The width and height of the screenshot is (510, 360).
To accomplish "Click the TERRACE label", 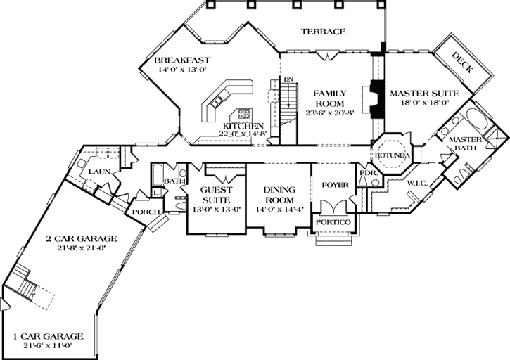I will [323, 32].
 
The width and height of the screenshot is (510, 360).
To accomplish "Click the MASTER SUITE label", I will [424, 93].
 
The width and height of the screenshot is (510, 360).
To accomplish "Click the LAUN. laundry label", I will [97, 172].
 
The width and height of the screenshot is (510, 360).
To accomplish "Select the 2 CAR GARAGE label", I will [77, 238].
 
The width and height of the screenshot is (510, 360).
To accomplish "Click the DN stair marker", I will [288, 79].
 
